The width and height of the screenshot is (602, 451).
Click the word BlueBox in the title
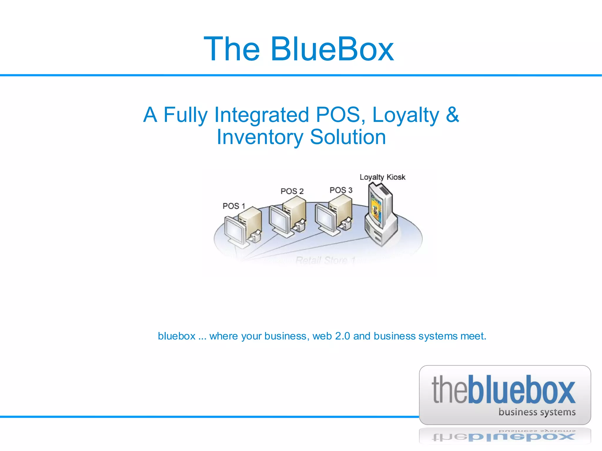332,49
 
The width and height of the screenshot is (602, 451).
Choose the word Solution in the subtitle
348,137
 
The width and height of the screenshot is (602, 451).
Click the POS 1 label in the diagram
234,206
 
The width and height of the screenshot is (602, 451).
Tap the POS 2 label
292,191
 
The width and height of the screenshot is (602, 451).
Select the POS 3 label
341,190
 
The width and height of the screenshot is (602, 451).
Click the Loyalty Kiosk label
382,177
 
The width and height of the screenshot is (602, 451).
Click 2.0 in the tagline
342,336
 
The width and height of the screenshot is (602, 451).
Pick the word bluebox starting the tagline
177,336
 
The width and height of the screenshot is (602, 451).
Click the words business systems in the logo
537,412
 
